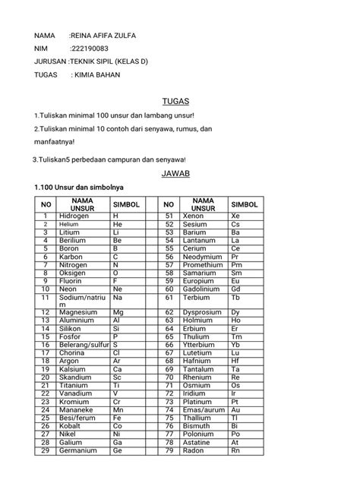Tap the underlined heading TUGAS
[175, 101]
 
